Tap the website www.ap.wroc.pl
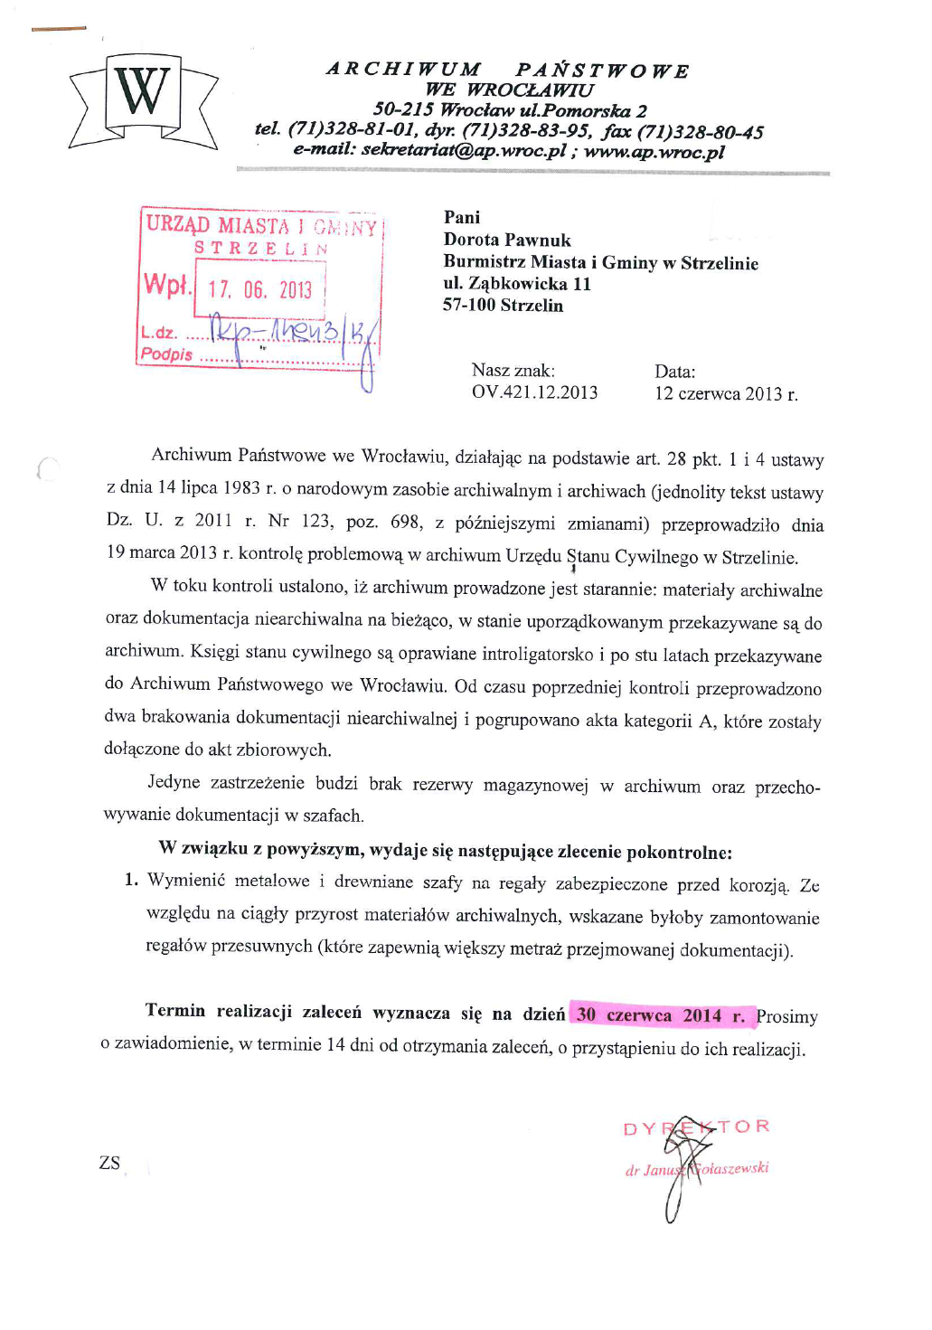pos(654,151)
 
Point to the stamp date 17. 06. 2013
pos(259,289)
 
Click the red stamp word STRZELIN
pos(261,248)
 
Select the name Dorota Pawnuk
pos(507,240)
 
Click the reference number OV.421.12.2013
pos(534,392)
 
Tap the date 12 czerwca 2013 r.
pos(726,394)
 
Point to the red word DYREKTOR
pos(696,1127)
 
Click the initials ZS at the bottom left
pos(109,1163)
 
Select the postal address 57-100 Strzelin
pos(503,306)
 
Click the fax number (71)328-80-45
pos(700,132)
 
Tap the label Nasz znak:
pos(513,371)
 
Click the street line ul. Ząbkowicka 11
pos(516,284)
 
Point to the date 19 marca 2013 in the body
pos(162,552)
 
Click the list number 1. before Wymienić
pos(131,880)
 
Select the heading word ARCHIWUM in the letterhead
pos(403,70)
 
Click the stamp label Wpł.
pos(167,285)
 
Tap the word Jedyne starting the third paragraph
pos(174,782)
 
